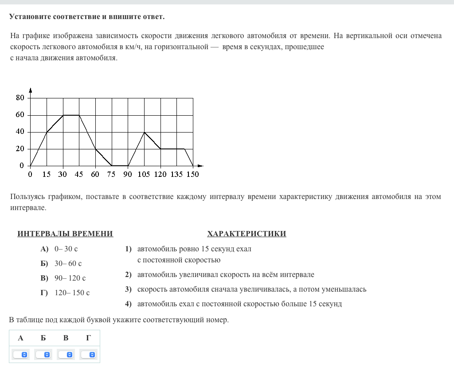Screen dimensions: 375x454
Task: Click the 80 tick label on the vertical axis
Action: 20,98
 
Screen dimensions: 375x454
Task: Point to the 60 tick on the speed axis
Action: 20,115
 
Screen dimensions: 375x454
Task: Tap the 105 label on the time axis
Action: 144,174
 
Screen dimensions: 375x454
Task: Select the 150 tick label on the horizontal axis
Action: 192,174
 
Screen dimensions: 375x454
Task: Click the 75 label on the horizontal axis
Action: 111,174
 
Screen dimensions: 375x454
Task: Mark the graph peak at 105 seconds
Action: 144,132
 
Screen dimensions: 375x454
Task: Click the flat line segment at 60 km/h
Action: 71,115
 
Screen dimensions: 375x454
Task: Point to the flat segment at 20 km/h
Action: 172,149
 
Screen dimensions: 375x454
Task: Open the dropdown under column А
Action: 20,355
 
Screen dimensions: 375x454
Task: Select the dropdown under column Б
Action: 43,355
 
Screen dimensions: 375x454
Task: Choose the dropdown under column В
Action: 66,355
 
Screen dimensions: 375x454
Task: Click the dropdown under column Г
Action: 89,355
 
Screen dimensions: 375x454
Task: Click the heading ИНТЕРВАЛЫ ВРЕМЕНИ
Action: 65,234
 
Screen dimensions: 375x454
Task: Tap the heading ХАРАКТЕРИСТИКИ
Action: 247,234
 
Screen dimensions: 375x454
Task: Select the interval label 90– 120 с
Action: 70,278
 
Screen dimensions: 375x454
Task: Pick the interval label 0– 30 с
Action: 66,249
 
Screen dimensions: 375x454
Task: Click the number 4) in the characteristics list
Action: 129,304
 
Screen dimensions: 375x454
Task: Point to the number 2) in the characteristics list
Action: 129,275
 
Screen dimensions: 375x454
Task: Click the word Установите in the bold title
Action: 30,17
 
